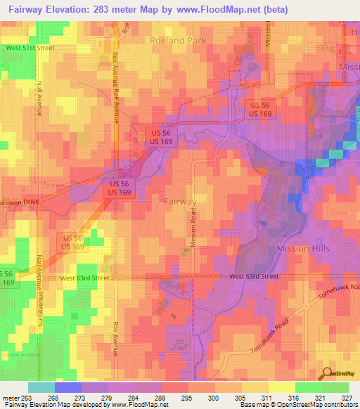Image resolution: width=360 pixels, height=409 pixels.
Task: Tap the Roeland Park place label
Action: point(178,41)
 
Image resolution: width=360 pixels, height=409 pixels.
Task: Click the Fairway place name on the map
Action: point(181,202)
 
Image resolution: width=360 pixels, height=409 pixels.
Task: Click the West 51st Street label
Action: point(30,48)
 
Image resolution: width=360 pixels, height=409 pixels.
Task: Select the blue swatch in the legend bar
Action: point(67,387)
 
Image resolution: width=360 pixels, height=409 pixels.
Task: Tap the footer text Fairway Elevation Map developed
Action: point(42,405)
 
